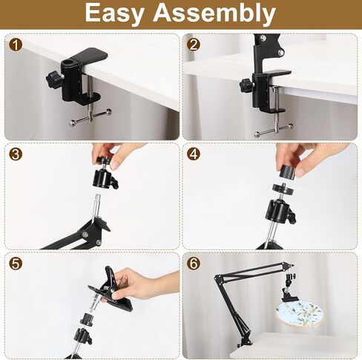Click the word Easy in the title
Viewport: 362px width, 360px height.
113,13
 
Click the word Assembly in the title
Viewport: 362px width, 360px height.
214,13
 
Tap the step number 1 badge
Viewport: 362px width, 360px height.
16,45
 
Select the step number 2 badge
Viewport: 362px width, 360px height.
194,45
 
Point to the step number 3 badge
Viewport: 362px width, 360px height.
16,154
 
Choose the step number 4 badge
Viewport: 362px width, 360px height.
194,154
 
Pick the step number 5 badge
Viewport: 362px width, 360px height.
16,264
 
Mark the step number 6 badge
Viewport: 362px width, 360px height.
194,264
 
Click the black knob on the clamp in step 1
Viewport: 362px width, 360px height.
53,79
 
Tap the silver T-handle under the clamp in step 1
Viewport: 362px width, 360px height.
90,117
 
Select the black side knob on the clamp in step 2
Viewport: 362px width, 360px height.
246,85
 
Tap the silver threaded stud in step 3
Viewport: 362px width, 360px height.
97,203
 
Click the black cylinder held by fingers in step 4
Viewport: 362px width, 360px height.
288,171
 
